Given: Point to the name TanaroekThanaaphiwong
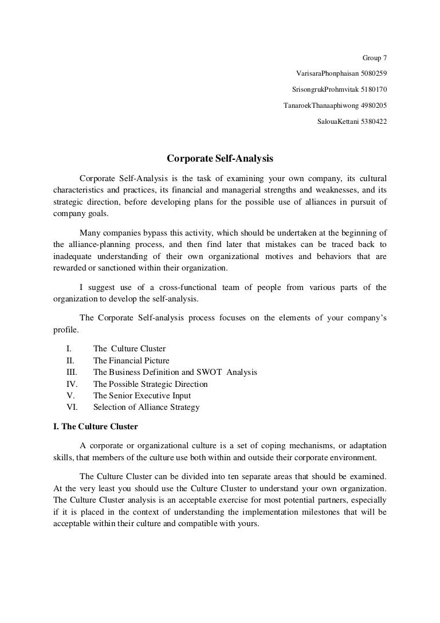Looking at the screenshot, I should (320, 105).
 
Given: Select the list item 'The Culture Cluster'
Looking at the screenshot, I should (129, 348).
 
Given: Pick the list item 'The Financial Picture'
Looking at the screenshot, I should (131, 361).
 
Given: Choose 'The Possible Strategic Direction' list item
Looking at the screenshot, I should (150, 384).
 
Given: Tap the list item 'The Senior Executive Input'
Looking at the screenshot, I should (142, 396).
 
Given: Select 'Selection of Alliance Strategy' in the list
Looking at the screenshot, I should (146, 408).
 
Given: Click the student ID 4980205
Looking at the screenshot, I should (370, 105).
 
